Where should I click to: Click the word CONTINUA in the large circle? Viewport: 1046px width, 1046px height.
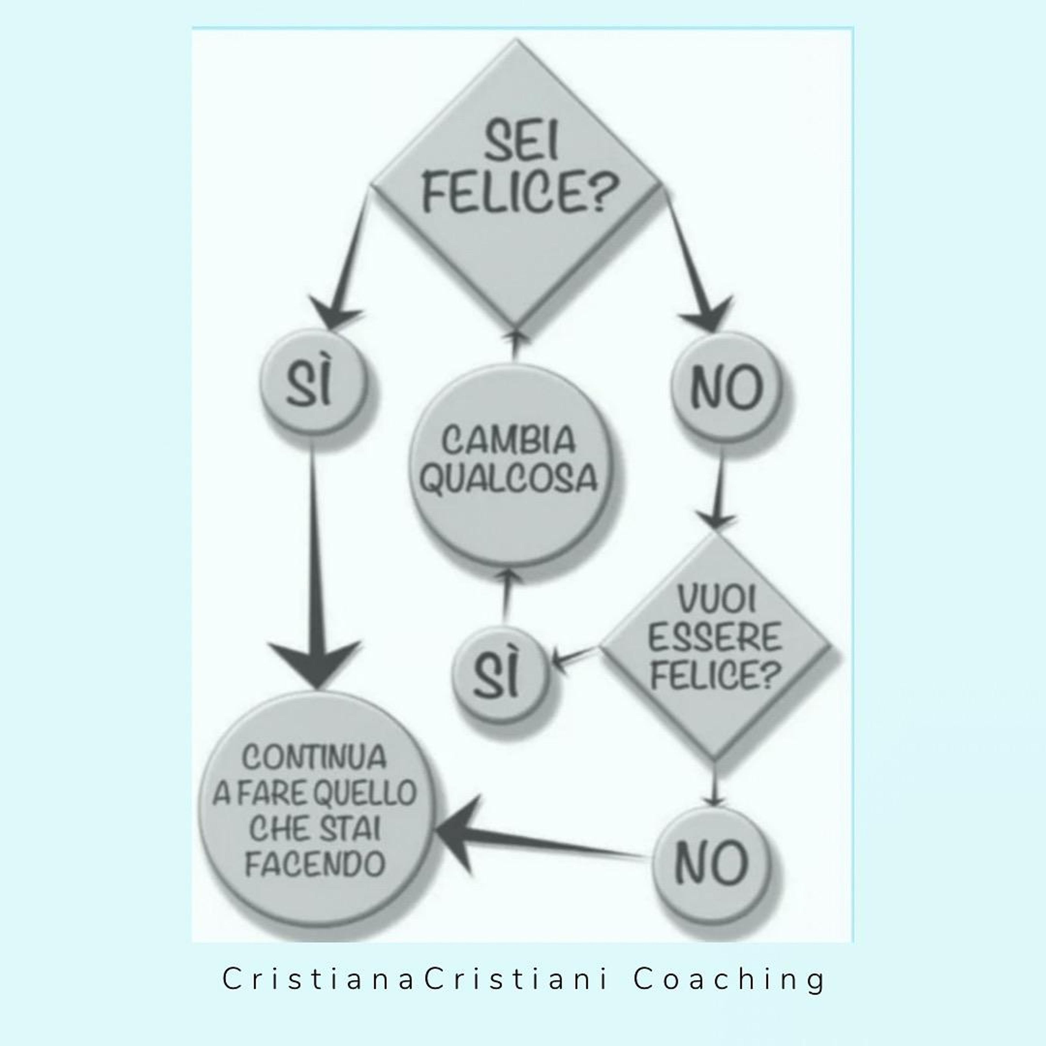tap(314, 757)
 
